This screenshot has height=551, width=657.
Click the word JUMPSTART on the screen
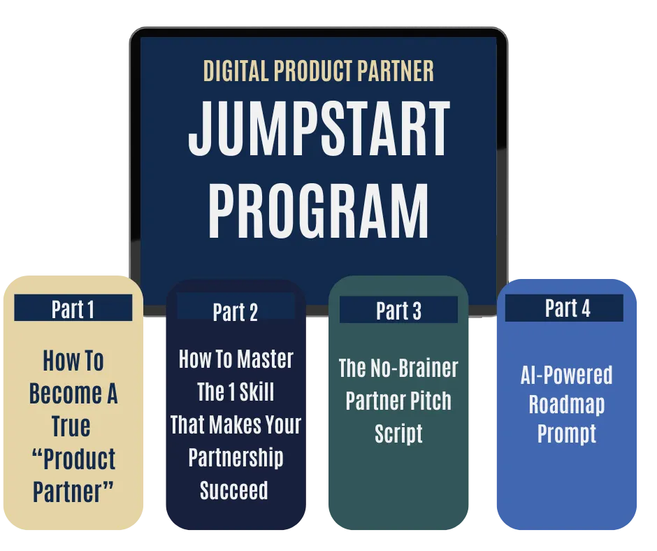pyautogui.click(x=319, y=129)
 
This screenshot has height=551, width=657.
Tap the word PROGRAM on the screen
pyautogui.click(x=319, y=211)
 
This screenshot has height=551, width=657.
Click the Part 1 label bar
pyautogui.click(x=73, y=308)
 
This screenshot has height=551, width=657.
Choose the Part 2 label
pyautogui.click(x=236, y=312)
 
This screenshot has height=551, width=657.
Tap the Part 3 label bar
pyautogui.click(x=398, y=310)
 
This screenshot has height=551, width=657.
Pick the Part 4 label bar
pyautogui.click(x=565, y=308)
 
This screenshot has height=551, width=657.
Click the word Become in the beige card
pyautogui.click(x=66, y=394)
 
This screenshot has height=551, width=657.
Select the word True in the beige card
pyautogui.click(x=71, y=426)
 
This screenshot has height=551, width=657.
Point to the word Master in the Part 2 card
pyautogui.click(x=265, y=359)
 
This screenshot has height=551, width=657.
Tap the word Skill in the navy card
pyautogui.click(x=257, y=392)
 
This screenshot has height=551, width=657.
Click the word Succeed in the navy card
pyautogui.click(x=234, y=490)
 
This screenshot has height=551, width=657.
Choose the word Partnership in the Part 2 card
pyautogui.click(x=236, y=457)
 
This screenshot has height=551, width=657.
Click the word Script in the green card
pyautogui.click(x=398, y=434)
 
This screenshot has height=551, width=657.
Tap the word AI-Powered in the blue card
pyautogui.click(x=567, y=375)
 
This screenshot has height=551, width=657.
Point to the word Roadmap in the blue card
pyautogui.click(x=567, y=404)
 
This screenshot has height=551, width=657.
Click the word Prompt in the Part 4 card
pyautogui.click(x=567, y=434)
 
